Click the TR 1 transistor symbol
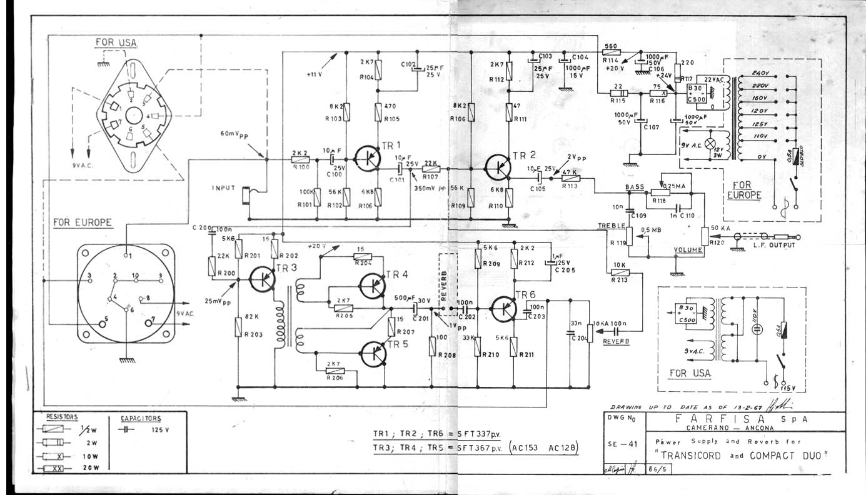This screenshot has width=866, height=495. [365, 159]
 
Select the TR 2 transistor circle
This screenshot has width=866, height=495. [498, 166]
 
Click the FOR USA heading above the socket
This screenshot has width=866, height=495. [116, 42]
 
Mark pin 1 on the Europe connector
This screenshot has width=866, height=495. [128, 256]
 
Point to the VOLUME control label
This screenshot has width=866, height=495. [688, 250]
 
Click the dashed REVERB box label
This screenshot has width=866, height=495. [445, 281]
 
